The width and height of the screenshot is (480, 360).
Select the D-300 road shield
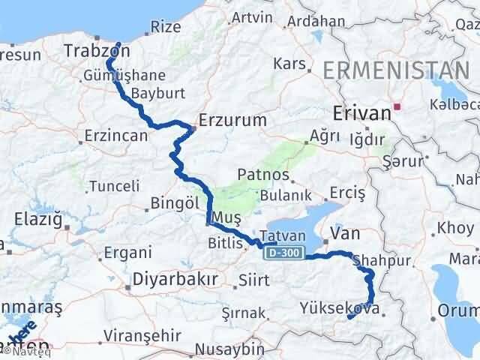[x=285, y=254]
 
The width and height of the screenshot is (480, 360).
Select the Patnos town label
[x=263, y=174]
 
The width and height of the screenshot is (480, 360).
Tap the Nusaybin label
[x=229, y=349]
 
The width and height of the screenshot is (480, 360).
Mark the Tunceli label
[x=114, y=186]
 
